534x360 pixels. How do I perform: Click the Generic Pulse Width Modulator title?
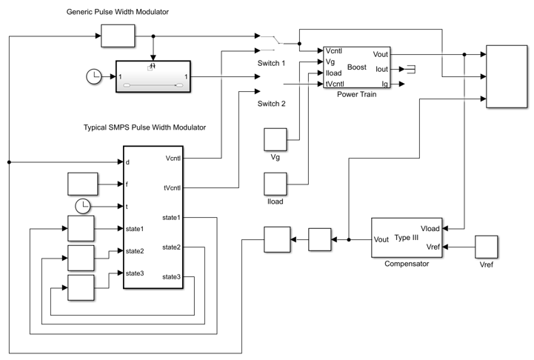point(118,12)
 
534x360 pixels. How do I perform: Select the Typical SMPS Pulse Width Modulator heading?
point(144,127)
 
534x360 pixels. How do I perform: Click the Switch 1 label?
point(271,63)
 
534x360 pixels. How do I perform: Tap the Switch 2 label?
point(271,104)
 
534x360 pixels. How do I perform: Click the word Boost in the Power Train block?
point(356,67)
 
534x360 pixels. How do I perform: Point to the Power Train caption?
point(356,94)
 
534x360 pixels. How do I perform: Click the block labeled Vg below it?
point(276,139)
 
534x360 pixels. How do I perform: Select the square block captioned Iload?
point(276,184)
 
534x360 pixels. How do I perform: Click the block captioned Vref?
point(487,247)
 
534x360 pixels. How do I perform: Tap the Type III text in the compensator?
point(407,237)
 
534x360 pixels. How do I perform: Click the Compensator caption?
point(407,264)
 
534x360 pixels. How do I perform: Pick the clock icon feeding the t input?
point(82,207)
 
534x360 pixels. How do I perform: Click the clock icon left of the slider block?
point(94,76)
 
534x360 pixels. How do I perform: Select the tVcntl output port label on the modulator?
point(173,188)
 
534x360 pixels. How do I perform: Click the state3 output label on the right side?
point(171,277)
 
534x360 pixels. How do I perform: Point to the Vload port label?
point(430,229)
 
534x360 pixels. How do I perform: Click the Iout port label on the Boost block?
point(381,69)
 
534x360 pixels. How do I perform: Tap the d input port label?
point(127,162)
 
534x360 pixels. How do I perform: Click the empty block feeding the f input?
point(83,184)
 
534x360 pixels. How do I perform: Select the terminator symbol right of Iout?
point(411,69)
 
